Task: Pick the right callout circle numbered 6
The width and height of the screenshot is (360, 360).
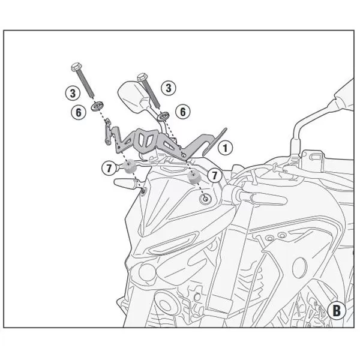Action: click(183, 111)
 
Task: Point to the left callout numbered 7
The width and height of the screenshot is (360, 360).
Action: click(109, 169)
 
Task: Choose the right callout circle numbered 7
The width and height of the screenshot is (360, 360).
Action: click(215, 174)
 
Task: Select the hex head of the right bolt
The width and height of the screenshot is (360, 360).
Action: click(142, 76)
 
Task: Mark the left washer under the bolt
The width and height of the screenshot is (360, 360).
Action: click(95, 108)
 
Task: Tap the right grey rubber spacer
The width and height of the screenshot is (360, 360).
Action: click(193, 176)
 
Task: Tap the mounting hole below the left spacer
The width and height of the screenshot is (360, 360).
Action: click(143, 191)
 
